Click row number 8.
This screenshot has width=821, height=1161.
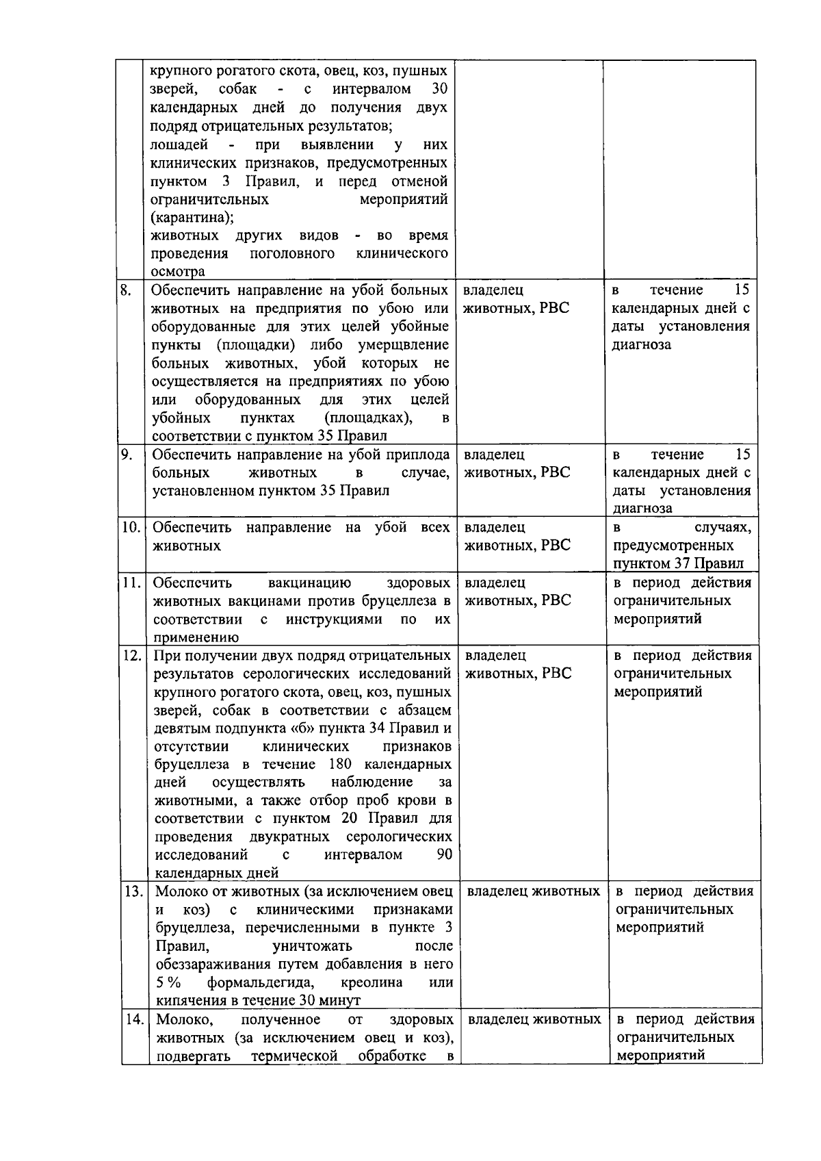tap(126, 290)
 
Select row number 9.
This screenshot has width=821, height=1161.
tap(127, 454)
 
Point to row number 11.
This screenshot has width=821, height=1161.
tap(131, 583)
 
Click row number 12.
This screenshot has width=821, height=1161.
tap(132, 655)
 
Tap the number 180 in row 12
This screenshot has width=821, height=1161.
tap(340, 764)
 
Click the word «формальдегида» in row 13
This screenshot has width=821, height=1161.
tap(261, 982)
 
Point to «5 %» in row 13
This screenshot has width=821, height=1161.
tap(168, 982)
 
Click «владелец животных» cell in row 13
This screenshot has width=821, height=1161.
tap(533, 891)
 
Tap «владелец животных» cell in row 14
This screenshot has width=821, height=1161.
tap(534, 1019)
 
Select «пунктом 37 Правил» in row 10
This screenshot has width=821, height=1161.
tap(678, 564)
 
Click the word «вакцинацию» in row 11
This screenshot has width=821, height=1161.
tap(309, 583)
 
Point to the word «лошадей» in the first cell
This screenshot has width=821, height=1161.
tap(179, 144)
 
